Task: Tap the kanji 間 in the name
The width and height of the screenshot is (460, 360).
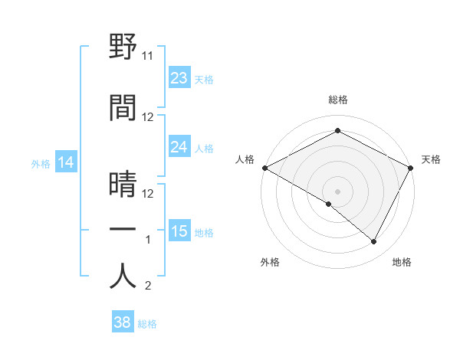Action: [123, 107]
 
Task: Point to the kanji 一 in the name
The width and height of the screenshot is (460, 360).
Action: [123, 230]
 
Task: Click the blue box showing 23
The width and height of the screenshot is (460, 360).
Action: [179, 78]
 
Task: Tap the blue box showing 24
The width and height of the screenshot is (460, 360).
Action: [179, 147]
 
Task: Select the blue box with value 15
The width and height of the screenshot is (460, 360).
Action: [179, 231]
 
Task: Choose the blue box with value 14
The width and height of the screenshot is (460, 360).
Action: [65, 162]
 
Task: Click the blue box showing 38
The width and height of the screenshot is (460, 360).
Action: [123, 323]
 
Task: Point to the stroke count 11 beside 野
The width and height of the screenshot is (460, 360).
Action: [148, 56]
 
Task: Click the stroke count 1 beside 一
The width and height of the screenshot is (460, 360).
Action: [149, 240]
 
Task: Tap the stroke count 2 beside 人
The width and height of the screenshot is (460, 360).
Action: [148, 286]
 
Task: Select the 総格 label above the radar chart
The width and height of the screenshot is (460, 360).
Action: [337, 100]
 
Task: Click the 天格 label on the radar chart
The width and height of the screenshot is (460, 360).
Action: [431, 159]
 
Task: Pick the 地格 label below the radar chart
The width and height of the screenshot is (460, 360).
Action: [402, 262]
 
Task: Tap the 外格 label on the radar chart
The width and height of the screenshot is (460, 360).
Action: [270, 262]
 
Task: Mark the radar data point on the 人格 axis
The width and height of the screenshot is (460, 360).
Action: [264, 168]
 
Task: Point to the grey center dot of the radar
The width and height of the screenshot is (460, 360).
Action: [337, 191]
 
